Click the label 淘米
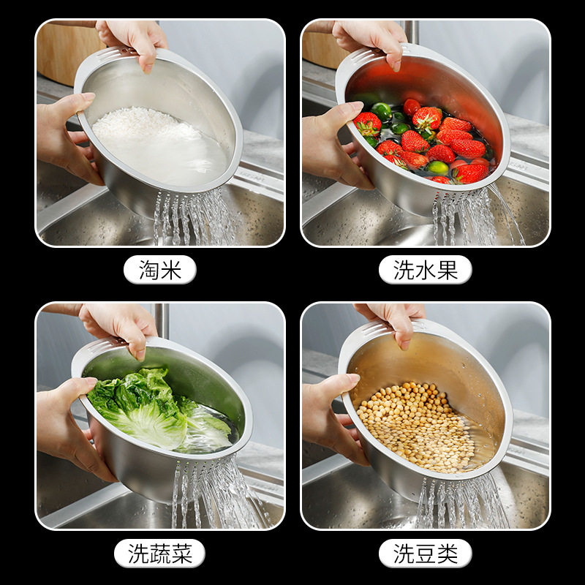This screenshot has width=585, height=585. click(159, 270)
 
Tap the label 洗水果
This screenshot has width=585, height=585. click(425, 270)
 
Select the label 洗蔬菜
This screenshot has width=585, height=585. click(159, 553)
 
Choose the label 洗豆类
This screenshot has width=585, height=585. click(425, 553)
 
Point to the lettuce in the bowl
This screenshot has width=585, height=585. click(146, 409)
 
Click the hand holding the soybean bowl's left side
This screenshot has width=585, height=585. click(333, 417)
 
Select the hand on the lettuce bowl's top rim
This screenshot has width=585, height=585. click(121, 325)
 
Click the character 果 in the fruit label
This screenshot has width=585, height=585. click(447, 270)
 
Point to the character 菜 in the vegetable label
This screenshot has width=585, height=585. click(181, 553)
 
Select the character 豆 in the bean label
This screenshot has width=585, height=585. click(425, 553)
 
